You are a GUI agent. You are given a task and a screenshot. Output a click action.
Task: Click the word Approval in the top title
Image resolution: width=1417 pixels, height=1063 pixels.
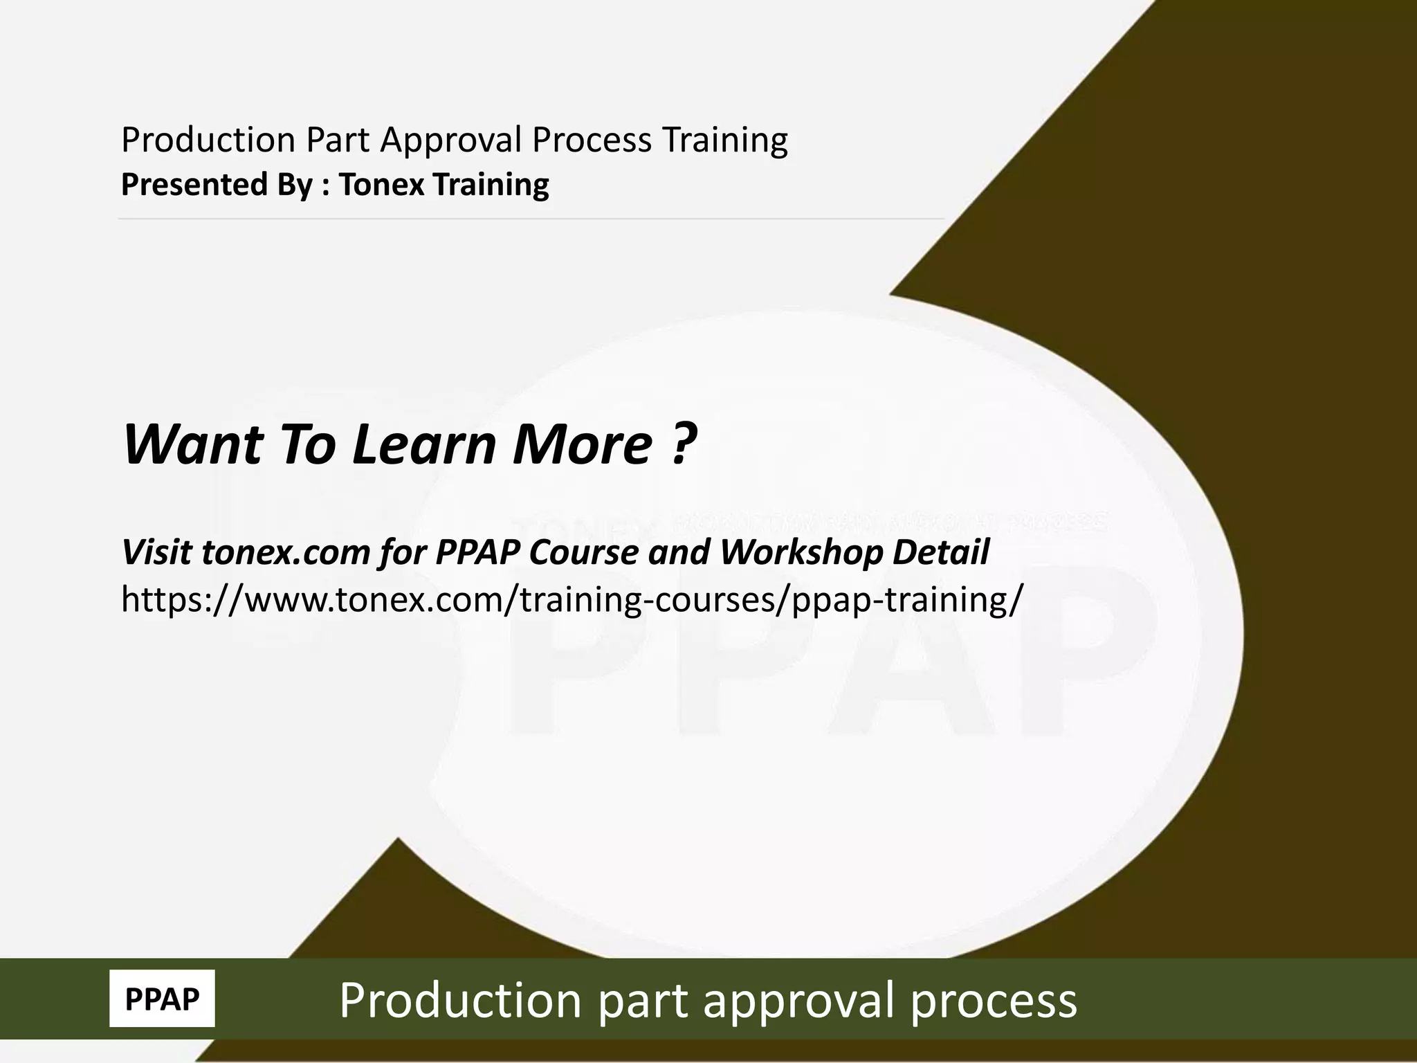click(x=451, y=141)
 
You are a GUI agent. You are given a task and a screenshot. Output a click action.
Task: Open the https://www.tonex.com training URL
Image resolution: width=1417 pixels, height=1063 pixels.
click(x=570, y=599)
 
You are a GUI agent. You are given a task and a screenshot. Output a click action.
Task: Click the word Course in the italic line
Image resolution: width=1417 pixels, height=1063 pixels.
click(x=586, y=553)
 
